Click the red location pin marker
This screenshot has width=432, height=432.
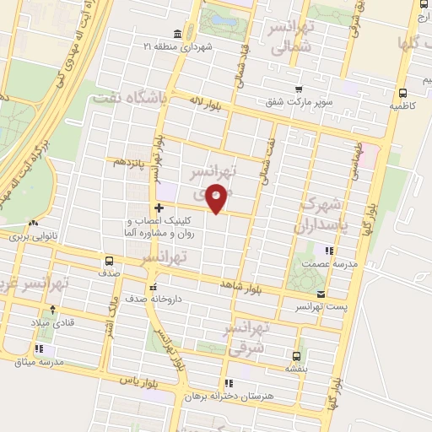click(217, 197)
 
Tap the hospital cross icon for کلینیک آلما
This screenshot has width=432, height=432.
click(159, 207)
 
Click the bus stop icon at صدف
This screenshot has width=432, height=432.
click(109, 261)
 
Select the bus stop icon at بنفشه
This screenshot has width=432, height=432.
click(295, 355)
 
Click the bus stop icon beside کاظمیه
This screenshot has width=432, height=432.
click(402, 94)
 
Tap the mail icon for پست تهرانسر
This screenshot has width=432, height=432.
click(320, 294)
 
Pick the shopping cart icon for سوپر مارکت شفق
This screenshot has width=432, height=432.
click(299, 89)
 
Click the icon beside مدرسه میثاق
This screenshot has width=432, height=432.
click(39, 348)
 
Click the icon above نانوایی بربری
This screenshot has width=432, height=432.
click(33, 224)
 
